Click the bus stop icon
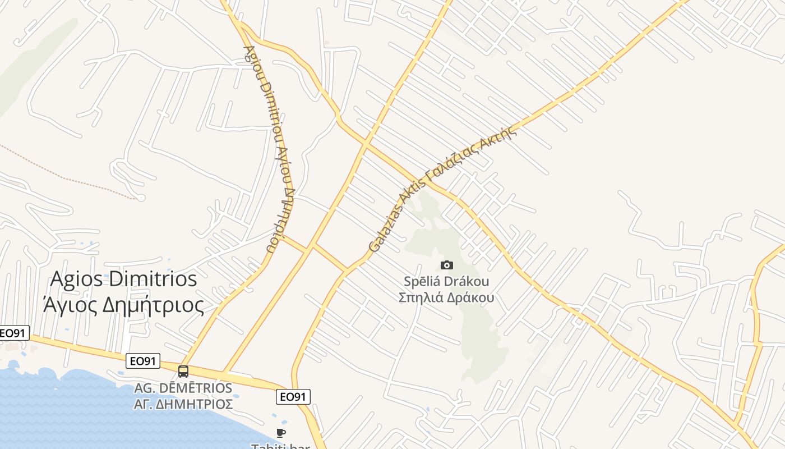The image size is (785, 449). [x=183, y=372]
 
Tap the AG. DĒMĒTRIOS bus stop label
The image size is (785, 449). [x=183, y=388]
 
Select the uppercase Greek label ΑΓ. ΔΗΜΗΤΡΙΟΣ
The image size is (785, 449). [x=183, y=404]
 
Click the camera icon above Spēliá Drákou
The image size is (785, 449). [x=447, y=265]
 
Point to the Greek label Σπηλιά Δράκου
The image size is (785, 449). [x=446, y=297]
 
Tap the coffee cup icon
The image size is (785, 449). [x=281, y=433]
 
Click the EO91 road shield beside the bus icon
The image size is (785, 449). [x=144, y=361]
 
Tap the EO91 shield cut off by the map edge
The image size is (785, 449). [x=13, y=333]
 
